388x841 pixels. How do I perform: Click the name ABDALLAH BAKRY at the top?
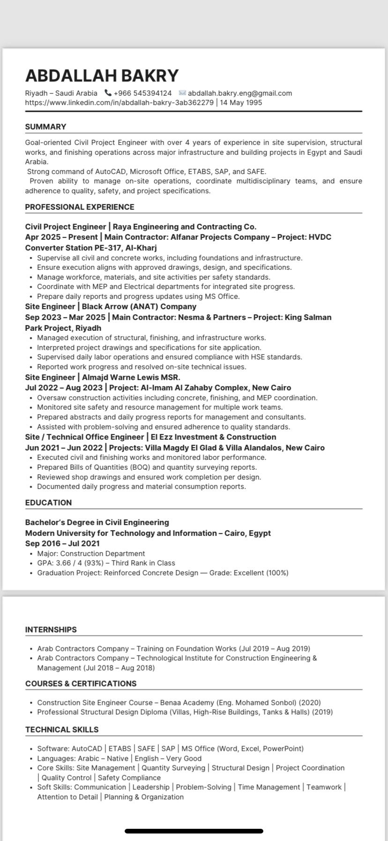point(102,76)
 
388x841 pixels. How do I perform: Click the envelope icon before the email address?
point(182,93)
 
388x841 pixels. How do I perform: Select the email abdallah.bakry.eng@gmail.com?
point(239,93)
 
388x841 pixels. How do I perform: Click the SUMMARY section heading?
point(45,127)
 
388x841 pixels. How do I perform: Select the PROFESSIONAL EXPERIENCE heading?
point(80,207)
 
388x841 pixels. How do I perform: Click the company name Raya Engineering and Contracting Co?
point(185,227)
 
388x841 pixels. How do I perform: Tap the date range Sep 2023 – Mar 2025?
point(65,317)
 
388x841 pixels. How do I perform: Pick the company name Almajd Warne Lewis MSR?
point(131,377)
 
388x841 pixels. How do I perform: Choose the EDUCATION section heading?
point(48,503)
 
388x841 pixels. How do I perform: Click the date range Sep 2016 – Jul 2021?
point(62,543)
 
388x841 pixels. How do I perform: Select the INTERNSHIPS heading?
point(51,630)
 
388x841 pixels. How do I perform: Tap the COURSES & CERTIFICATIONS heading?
point(81,683)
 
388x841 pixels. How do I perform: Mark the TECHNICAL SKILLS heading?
point(62,729)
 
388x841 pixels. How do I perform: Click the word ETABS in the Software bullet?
point(120,749)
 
